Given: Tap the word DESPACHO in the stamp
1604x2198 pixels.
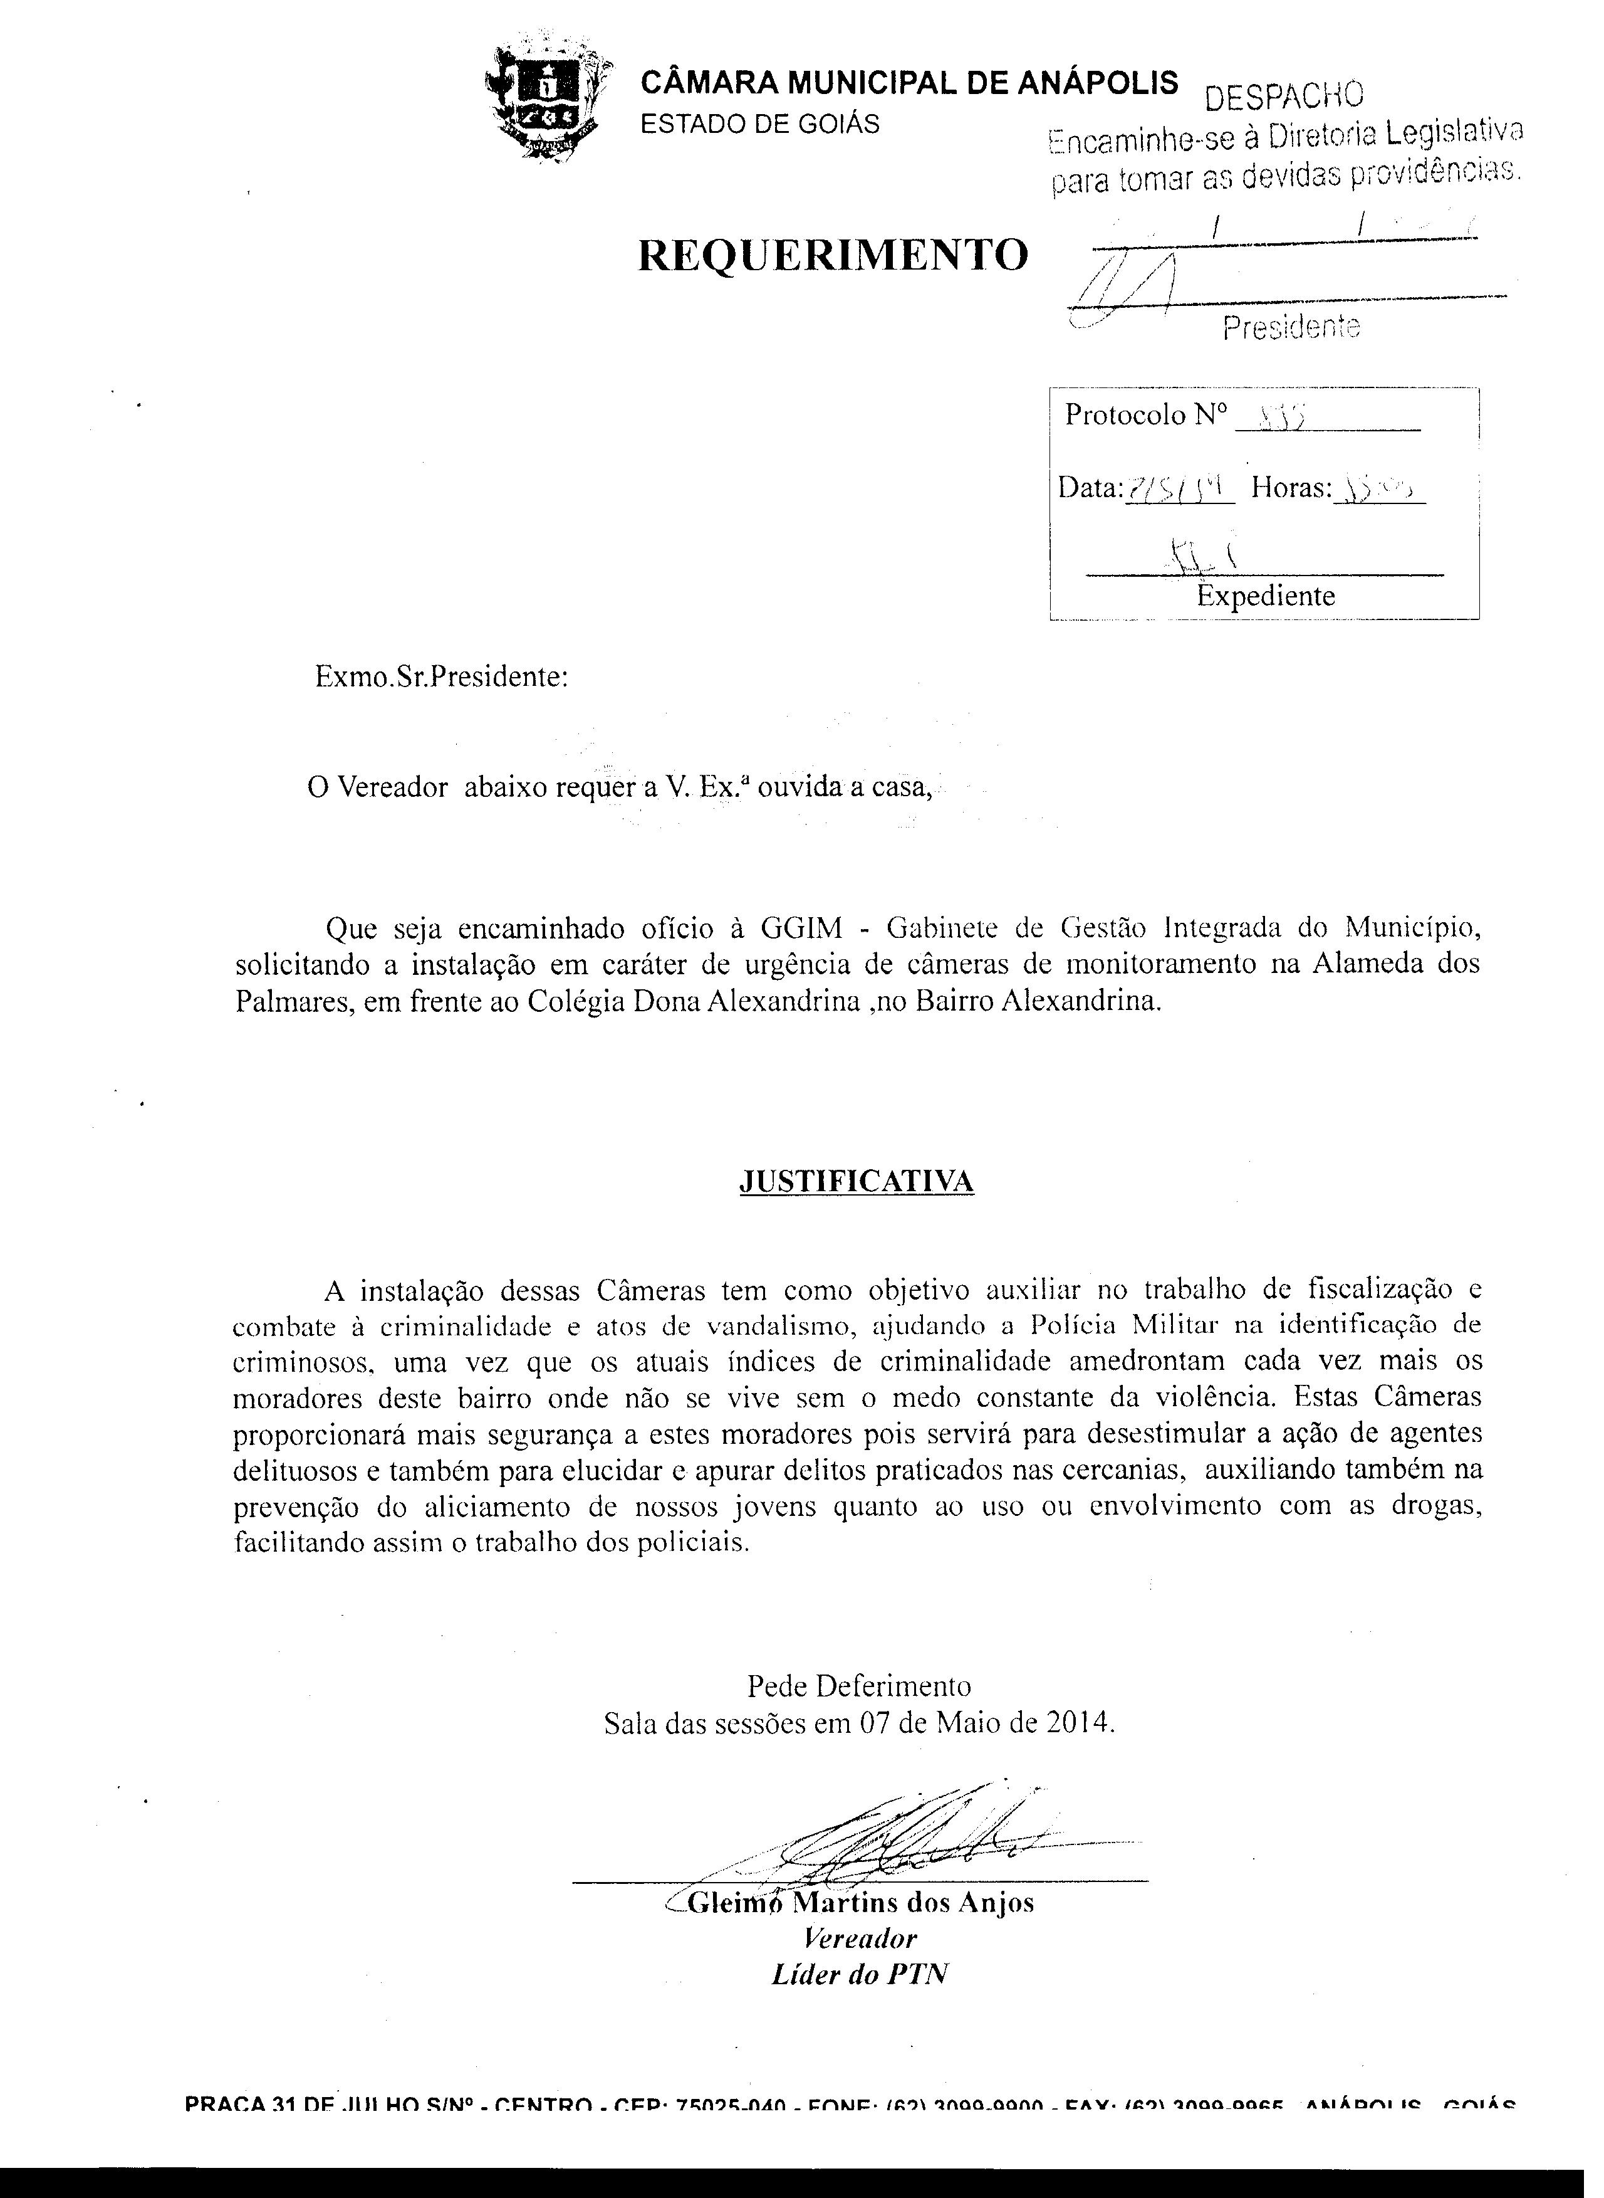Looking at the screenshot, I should coord(1284,95).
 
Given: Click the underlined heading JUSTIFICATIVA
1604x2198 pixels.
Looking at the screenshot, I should coord(857,1181).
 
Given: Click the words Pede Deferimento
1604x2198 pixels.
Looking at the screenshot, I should coord(858,1683).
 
